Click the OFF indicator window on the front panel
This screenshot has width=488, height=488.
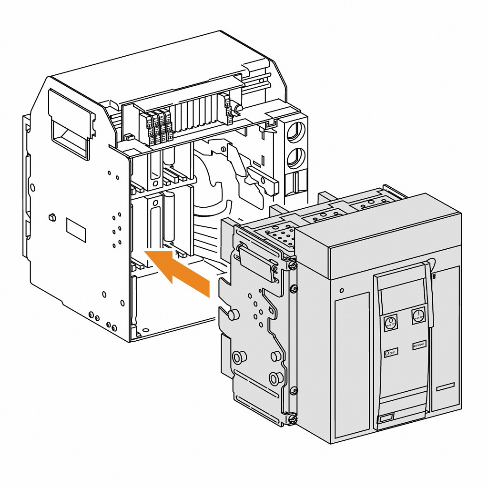pos(391,353)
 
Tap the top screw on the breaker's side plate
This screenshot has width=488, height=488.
pos(293,264)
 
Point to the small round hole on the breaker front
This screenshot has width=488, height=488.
pos(342,290)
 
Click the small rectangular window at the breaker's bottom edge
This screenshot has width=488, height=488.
pos(385,419)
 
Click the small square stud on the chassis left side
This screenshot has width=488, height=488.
pos(51,217)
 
